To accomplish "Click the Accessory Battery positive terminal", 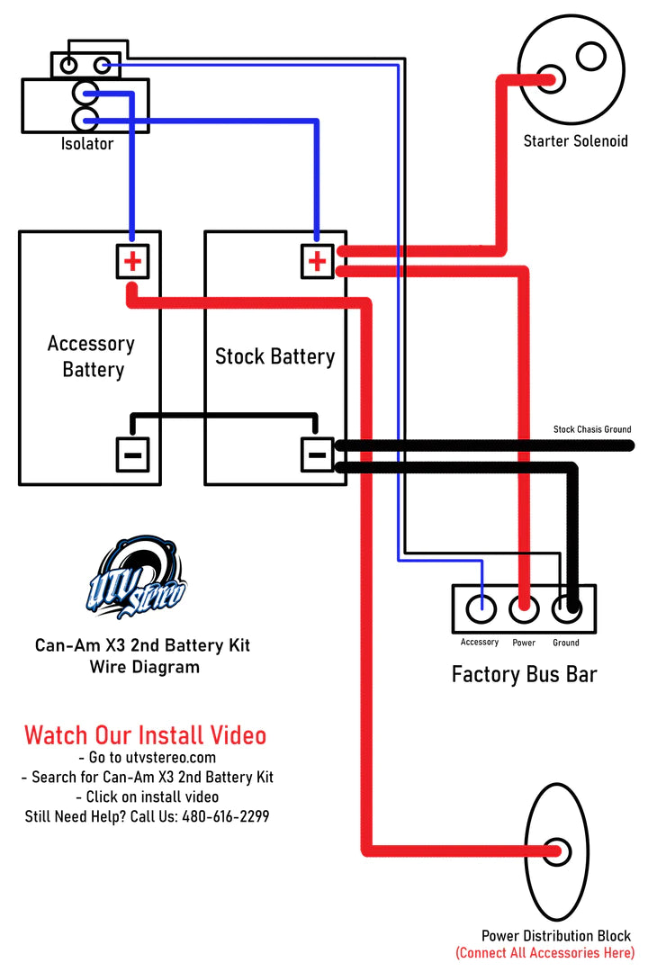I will click(x=132, y=262).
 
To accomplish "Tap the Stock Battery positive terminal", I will click(x=317, y=262).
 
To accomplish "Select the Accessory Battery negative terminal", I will click(x=132, y=454).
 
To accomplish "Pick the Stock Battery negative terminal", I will click(x=317, y=454).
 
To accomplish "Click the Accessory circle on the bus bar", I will click(x=481, y=609).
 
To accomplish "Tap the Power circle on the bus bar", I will click(x=524, y=609).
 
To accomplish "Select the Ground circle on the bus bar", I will click(x=567, y=609).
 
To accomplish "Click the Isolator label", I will click(x=87, y=144).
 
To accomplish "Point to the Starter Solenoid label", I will click(x=575, y=141).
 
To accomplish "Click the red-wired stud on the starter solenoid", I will click(x=548, y=79).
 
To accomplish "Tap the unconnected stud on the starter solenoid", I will click(x=591, y=56).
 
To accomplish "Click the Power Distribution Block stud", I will click(x=557, y=851).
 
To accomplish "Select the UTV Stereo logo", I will click(x=136, y=580).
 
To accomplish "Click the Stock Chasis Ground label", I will click(x=591, y=430).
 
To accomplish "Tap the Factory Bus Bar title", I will click(x=524, y=674).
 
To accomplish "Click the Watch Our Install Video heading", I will click(x=145, y=735).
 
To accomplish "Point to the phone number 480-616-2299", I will click(x=225, y=816).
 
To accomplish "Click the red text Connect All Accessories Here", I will click(x=544, y=952).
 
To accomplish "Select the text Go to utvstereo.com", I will click(x=147, y=758).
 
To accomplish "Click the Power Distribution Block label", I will click(x=555, y=936).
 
